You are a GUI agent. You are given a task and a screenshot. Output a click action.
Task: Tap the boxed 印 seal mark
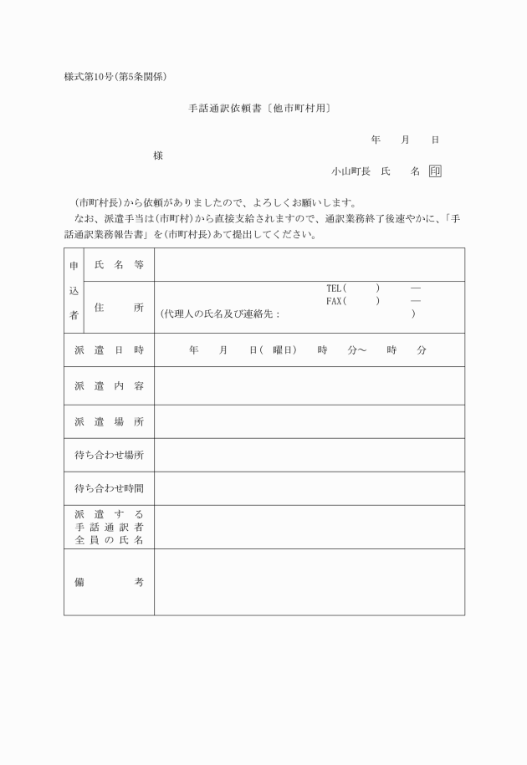(435, 171)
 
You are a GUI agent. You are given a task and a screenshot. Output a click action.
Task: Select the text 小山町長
(350, 171)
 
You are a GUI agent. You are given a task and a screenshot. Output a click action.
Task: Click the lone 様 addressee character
(158, 156)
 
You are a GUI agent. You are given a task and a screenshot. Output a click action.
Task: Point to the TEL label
(335, 288)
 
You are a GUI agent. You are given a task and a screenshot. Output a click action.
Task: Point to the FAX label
(335, 301)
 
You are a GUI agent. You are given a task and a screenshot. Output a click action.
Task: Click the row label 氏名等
(119, 265)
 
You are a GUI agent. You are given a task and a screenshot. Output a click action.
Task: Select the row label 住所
(119, 308)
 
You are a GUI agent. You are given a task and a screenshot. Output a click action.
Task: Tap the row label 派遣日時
(109, 350)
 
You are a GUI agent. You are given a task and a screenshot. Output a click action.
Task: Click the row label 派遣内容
(109, 386)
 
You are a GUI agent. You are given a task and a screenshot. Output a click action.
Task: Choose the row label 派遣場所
(109, 422)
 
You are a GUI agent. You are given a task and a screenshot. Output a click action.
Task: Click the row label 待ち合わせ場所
(109, 456)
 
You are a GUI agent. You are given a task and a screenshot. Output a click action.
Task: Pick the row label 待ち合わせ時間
(109, 489)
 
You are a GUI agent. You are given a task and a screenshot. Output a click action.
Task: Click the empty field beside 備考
(309, 582)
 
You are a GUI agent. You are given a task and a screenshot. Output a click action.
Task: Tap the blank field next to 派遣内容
(309, 386)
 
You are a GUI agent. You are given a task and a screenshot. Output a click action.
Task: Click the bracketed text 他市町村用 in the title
(302, 109)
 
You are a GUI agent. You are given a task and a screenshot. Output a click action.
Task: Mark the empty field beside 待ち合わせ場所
(309, 456)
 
